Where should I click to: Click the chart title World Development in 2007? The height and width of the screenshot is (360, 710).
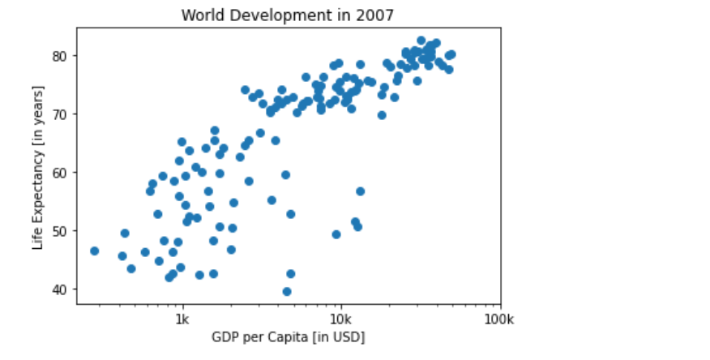pos(288,15)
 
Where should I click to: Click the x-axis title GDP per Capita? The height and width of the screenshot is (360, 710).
pos(288,336)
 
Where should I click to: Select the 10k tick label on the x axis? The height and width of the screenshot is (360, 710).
pos(340,319)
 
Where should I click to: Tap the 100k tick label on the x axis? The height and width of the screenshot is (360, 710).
pos(499,319)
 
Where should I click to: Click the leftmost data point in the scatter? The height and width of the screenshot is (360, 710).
pos(94,251)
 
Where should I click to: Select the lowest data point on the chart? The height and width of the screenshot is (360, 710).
pos(287,292)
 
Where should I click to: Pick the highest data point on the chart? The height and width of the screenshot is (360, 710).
pos(421,41)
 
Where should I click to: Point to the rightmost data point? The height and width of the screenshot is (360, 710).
pos(451,55)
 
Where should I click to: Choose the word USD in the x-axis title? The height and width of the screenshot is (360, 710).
pos(349,336)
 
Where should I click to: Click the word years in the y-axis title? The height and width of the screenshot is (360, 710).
pos(38,128)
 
